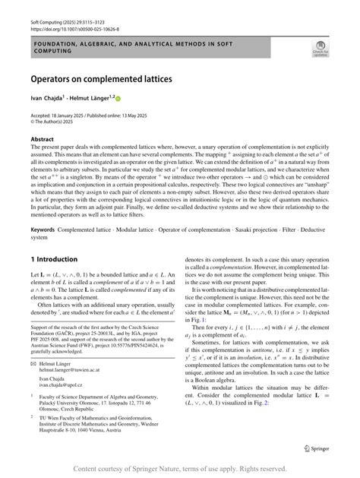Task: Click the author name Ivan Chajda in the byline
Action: (x=48, y=97)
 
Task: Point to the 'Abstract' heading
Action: (x=42, y=139)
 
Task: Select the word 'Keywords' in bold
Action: (x=45, y=227)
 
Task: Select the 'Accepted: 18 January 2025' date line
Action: (x=61, y=113)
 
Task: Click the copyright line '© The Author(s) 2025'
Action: (x=53, y=120)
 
